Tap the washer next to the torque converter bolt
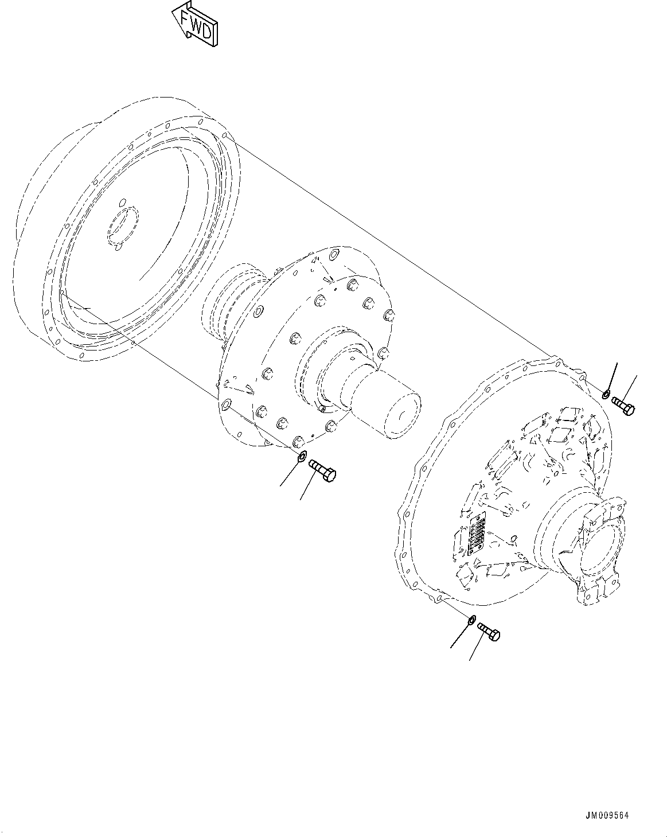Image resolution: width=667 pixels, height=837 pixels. click(301, 457)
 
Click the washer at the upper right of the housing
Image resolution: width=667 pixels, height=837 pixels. click(606, 394)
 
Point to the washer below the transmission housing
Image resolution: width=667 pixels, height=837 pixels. click(471, 620)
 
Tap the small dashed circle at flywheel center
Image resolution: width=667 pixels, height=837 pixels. click(121, 228)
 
